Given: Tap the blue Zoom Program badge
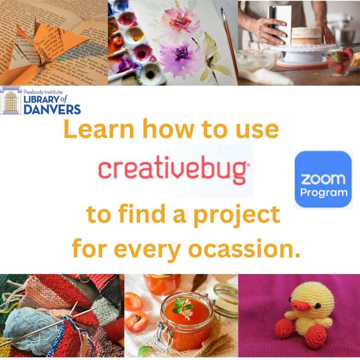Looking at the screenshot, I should (323, 179).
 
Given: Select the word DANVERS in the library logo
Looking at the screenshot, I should (52, 109).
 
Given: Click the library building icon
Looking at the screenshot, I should (11, 101).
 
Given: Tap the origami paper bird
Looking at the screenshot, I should (46, 46).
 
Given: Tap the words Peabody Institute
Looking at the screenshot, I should (43, 92).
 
